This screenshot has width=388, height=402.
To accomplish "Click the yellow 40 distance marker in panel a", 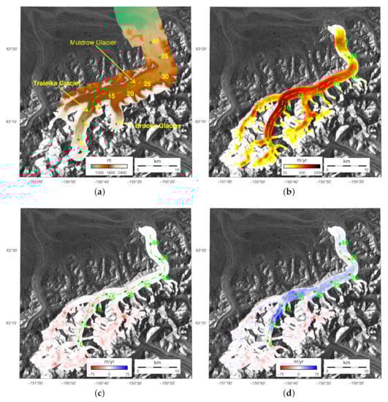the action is pyautogui.click(x=155, y=42).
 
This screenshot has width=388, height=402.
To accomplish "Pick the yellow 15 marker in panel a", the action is pyautogui.click(x=111, y=96).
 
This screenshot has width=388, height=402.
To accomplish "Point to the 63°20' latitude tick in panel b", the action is pyautogui.click(x=202, y=50).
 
